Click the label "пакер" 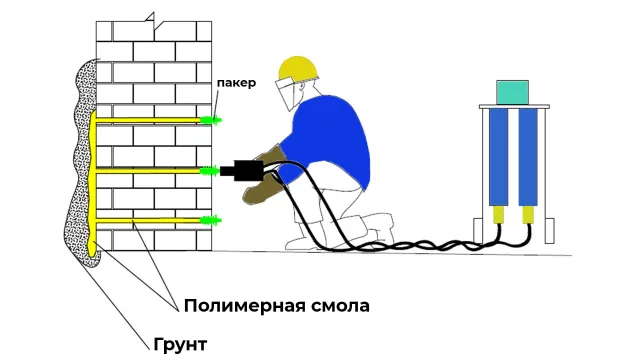click(x=236, y=83)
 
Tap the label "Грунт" click(x=180, y=344)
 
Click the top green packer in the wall click(x=211, y=120)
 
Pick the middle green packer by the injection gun click(x=210, y=171)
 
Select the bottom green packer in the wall click(x=211, y=220)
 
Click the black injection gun click(x=242, y=170)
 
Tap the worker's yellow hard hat click(x=298, y=68)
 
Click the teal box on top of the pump click(x=512, y=92)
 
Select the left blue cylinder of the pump click(x=498, y=157)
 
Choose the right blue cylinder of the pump click(x=528, y=157)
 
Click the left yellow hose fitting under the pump click(x=498, y=215)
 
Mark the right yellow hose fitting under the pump click(x=528, y=215)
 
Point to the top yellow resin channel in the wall click(x=148, y=120)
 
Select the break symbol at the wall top click(x=154, y=23)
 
